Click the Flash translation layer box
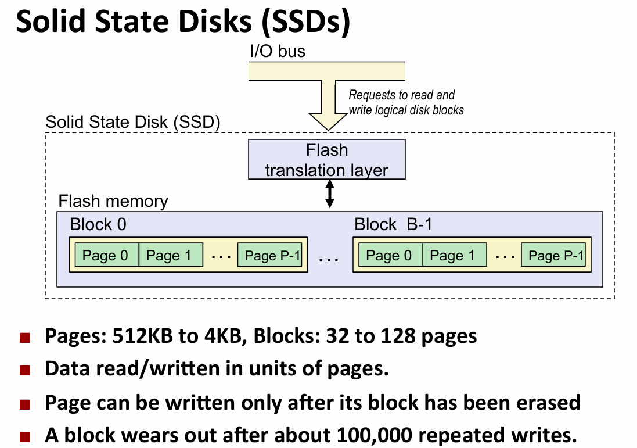(x=326, y=160)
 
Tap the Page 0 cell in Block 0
(x=105, y=255)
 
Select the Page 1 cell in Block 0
(x=170, y=255)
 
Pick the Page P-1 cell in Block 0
(x=272, y=255)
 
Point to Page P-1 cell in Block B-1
(x=555, y=255)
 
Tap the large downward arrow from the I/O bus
(x=328, y=105)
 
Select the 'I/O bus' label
(x=277, y=51)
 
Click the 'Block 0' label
(x=98, y=224)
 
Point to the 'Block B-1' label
(x=393, y=224)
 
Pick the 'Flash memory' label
(x=113, y=202)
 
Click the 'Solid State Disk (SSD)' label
(x=133, y=122)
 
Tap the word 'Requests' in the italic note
(x=369, y=95)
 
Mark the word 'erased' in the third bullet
(x=544, y=402)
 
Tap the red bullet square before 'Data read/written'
(x=24, y=370)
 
